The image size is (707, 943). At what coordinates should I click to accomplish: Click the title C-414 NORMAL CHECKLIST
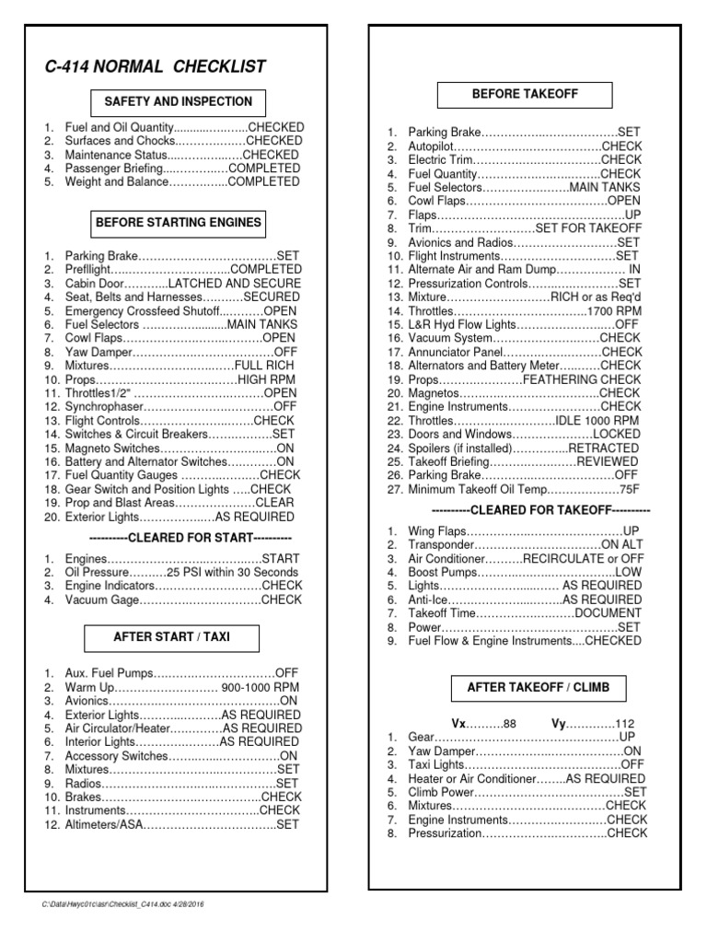coord(156,66)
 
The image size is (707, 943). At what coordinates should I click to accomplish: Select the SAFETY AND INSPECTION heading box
coord(178,102)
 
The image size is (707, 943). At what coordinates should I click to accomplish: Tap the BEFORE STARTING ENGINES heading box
coord(178,222)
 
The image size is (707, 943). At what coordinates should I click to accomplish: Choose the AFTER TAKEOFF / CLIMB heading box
coord(538,688)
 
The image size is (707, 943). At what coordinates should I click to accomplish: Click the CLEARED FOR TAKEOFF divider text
coord(540,509)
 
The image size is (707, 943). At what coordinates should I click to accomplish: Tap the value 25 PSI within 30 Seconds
coord(233,572)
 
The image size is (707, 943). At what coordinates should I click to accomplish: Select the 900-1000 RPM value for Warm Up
coord(260,688)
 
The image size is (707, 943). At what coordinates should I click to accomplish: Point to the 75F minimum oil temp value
coord(629,490)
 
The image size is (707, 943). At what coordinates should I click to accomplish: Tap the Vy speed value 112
coord(625,723)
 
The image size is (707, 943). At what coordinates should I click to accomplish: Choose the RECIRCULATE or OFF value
coord(583,558)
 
